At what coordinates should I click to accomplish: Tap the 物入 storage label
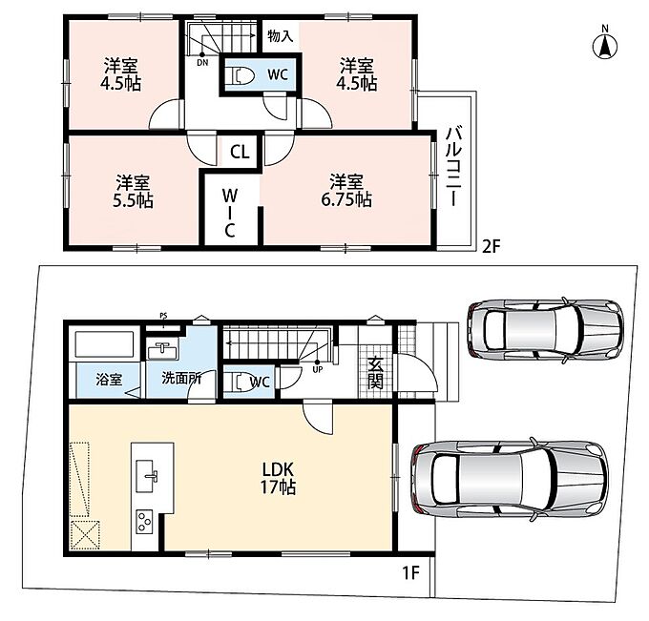(281, 36)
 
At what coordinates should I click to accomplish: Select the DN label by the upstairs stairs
(202, 63)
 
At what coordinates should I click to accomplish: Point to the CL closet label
(240, 152)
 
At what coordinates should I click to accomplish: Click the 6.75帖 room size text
(346, 199)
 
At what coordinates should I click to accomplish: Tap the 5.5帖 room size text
(133, 200)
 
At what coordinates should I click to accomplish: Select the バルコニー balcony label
(454, 165)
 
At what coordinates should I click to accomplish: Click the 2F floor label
(492, 246)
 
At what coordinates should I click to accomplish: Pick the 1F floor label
(411, 573)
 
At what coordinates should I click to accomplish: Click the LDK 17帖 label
(278, 478)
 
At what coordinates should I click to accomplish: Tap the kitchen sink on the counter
(147, 476)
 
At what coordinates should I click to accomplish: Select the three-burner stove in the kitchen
(144, 522)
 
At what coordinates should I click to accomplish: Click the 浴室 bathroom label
(109, 380)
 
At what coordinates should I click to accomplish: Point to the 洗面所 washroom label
(181, 378)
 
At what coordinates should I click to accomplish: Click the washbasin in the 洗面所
(162, 352)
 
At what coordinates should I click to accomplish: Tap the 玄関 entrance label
(375, 372)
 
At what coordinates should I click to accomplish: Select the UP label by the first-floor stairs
(318, 369)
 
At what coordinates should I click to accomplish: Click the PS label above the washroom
(163, 317)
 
